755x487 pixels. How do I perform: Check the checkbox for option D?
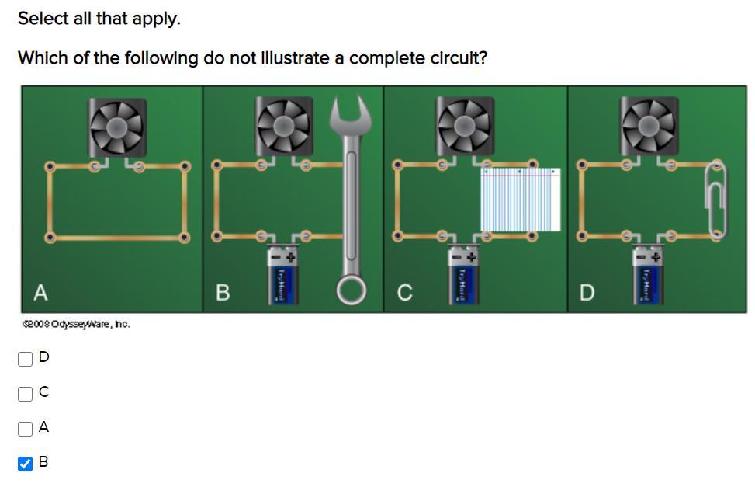[x=26, y=358]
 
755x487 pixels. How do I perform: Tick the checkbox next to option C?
[x=26, y=394]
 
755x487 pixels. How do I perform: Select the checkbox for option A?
[x=26, y=429]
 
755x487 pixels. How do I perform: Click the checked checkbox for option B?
[x=26, y=464]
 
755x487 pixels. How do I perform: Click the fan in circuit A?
[x=117, y=127]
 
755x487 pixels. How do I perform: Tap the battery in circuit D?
[x=649, y=277]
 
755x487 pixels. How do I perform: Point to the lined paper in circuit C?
[x=520, y=200]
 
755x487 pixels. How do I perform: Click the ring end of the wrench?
[x=352, y=290]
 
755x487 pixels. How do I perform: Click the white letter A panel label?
[x=41, y=292]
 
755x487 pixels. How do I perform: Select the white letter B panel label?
[x=223, y=293]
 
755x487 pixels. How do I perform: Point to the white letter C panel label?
[x=404, y=293]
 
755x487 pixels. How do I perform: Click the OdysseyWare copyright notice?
[x=75, y=324]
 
